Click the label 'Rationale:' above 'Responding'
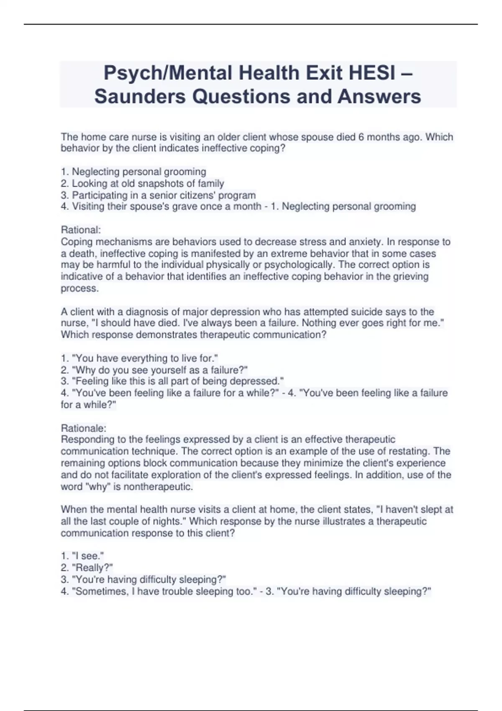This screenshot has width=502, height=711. tap(83, 428)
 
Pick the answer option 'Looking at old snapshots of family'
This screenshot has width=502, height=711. tap(148, 183)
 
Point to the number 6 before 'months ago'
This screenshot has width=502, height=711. tap(361, 137)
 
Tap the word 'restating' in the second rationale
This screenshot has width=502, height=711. tap(408, 451)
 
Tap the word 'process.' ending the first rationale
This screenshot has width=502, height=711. tap(80, 288)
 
